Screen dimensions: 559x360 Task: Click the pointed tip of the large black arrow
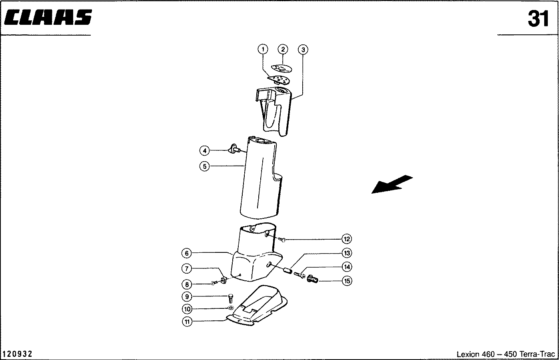pos(372,193)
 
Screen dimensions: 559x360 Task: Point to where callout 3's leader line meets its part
pos(291,99)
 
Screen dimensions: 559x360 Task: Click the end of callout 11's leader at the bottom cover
pos(226,319)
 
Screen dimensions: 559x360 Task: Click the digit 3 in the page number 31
pos(535,19)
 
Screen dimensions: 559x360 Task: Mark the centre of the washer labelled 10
pos(231,308)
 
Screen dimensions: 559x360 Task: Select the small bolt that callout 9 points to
pos(231,298)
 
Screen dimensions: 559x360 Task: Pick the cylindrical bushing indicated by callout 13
pos(288,271)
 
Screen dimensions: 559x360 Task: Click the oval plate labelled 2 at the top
pos(282,68)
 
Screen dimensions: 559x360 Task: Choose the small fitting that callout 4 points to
pos(234,149)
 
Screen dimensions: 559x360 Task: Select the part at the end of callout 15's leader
pos(312,279)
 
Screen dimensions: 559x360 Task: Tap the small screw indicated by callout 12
pos(282,240)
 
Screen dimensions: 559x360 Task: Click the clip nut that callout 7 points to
pos(224,280)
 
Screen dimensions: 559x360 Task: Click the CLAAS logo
pos(48,17)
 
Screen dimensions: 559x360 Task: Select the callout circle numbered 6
pos(187,253)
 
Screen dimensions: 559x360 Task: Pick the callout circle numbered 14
pos(347,267)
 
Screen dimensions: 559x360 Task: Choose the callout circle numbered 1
pos(263,49)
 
